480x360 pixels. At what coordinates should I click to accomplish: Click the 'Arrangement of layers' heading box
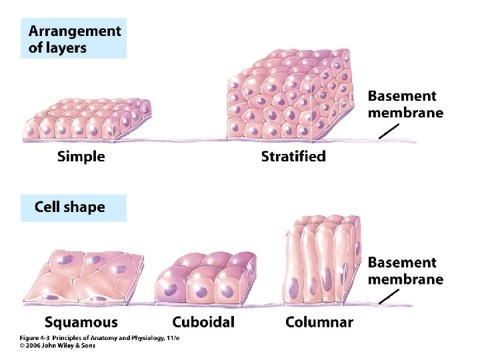pyautogui.click(x=73, y=39)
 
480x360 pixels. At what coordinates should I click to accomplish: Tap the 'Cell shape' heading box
pyautogui.click(x=73, y=207)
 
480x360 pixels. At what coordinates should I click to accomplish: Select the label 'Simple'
pyautogui.click(x=81, y=157)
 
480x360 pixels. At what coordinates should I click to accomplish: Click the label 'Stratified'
pyautogui.click(x=293, y=157)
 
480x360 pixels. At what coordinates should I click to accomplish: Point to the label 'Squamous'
pyautogui.click(x=81, y=323)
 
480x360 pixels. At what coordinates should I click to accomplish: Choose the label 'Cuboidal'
pyautogui.click(x=203, y=323)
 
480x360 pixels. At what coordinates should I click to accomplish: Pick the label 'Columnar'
pyautogui.click(x=319, y=323)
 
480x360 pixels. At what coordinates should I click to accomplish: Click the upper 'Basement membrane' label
pyautogui.click(x=405, y=105)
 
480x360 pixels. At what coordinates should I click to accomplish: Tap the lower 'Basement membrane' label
pyautogui.click(x=405, y=271)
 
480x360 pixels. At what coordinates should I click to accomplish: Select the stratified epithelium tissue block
pyautogui.click(x=293, y=100)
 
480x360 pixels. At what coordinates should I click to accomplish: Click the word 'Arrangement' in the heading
pyautogui.click(x=75, y=31)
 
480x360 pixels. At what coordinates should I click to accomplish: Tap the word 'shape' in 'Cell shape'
pyautogui.click(x=85, y=207)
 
